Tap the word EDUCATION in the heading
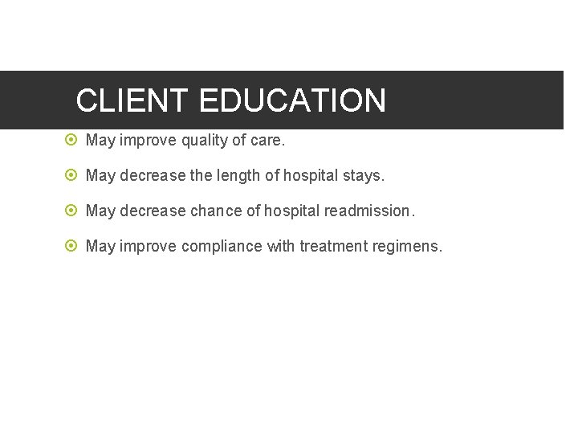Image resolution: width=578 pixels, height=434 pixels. (x=292, y=100)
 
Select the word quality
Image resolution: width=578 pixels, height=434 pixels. (x=204, y=141)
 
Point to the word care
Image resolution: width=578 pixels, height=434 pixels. (x=268, y=141)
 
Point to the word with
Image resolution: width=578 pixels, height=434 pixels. (x=281, y=246)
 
